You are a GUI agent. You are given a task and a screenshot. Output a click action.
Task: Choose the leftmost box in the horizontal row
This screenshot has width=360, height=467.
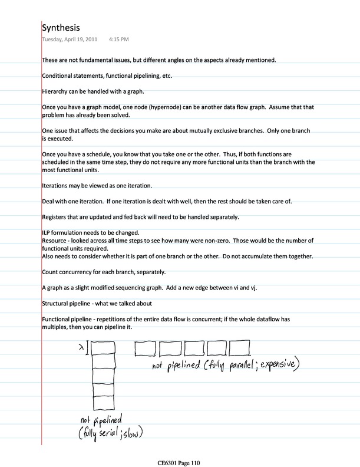(x=145, y=348)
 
